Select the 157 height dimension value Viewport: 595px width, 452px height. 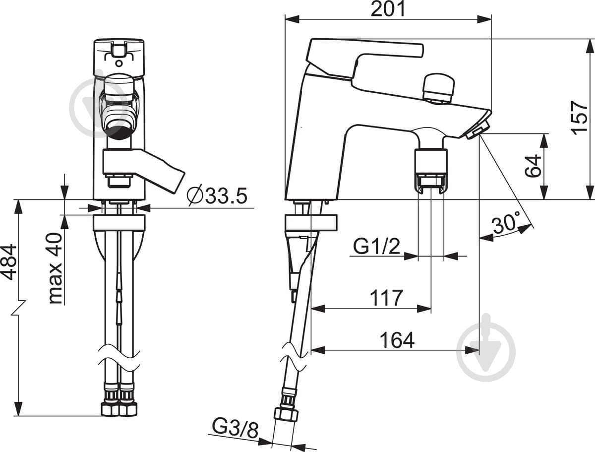tap(580, 118)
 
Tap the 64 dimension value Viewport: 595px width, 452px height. tap(533, 166)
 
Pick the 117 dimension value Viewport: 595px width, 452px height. tap(387, 298)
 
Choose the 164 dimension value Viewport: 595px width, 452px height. tap(397, 340)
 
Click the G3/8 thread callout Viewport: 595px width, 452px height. tap(235, 428)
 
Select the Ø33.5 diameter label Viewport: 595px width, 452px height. tap(217, 195)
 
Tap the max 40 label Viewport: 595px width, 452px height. tap(56, 268)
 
